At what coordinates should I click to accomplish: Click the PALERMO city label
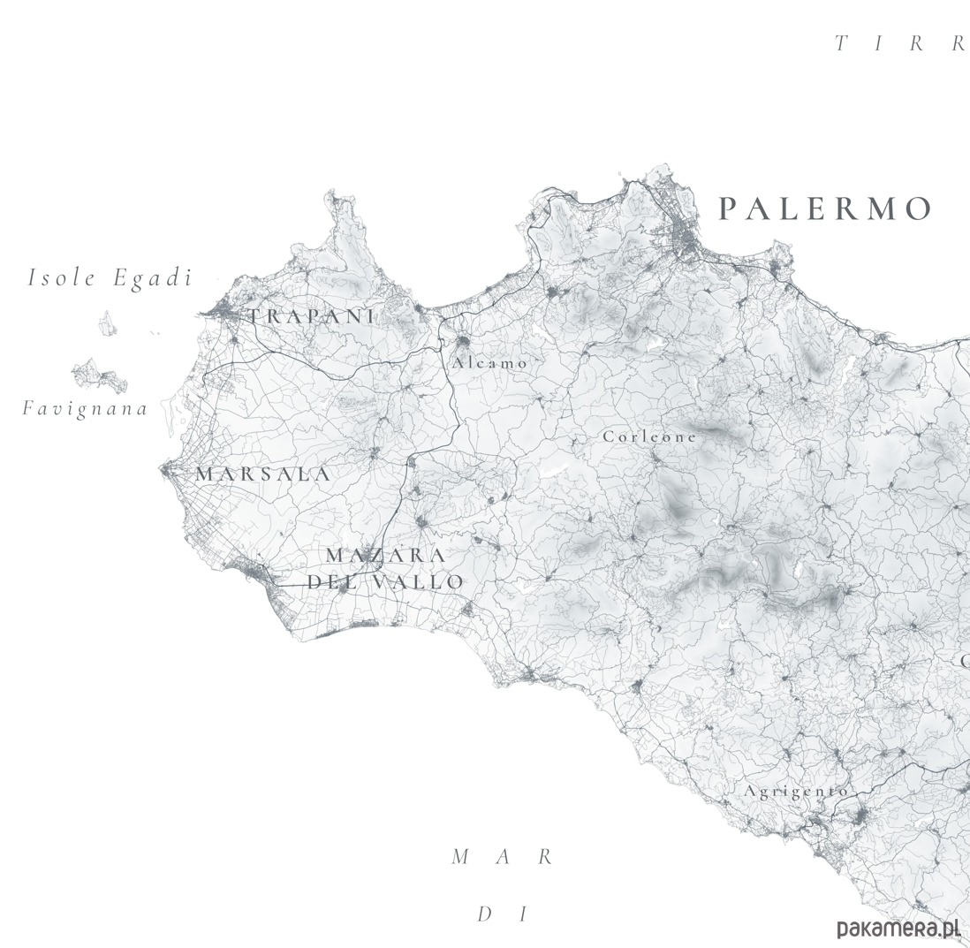[x=825, y=209]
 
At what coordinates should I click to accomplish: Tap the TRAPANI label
[x=311, y=316]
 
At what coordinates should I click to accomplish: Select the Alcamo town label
[x=489, y=363]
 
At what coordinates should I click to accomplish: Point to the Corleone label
[x=649, y=436]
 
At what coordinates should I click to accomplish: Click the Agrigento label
[x=796, y=791]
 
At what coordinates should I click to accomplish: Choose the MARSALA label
[x=263, y=474]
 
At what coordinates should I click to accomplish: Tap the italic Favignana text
[x=85, y=408]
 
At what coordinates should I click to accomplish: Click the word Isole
[x=62, y=277]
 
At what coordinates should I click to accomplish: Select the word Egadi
[x=152, y=277]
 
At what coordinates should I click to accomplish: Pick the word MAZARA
[x=386, y=556]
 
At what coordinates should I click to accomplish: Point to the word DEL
[x=334, y=582]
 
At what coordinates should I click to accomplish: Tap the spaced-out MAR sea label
[x=502, y=857]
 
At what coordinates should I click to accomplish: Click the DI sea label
[x=502, y=914]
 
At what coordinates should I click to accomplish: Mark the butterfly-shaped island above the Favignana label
[x=100, y=375]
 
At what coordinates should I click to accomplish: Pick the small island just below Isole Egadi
[x=108, y=323]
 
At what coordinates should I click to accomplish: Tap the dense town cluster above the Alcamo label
[x=462, y=339]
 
